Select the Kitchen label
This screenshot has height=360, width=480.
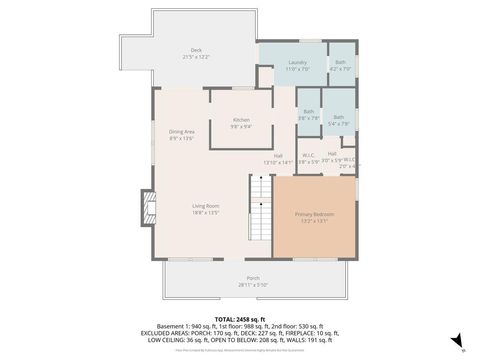click(241, 120)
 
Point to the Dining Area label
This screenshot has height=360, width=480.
click(180, 132)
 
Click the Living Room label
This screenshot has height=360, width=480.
click(206, 207)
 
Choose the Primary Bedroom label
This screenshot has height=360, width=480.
click(314, 215)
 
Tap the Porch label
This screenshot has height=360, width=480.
click(253, 278)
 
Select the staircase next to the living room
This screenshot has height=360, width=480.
click(261, 207)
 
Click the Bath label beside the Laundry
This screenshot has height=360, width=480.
click(340, 62)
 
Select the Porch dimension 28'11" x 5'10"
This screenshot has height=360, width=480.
click(253, 285)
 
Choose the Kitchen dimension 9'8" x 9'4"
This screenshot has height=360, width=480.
click(241, 127)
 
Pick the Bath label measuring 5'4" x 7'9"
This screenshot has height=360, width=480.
click(339, 117)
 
